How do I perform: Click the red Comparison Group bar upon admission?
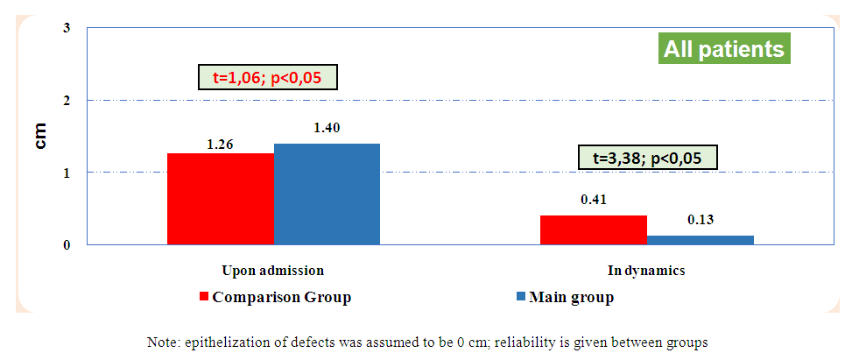click(x=220, y=199)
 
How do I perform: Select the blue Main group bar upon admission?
click(x=327, y=194)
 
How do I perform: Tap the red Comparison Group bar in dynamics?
click(x=593, y=229)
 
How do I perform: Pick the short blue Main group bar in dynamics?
click(x=701, y=239)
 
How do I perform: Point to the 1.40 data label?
click(x=327, y=128)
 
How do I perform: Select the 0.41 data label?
click(x=594, y=200)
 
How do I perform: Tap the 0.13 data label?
click(x=701, y=219)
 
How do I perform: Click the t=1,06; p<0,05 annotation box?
click(x=267, y=78)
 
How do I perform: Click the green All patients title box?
click(x=723, y=49)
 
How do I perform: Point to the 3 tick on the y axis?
click(x=67, y=29)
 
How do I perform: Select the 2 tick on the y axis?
click(x=67, y=101)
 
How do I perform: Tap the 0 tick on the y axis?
click(x=67, y=245)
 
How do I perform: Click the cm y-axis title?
click(x=40, y=137)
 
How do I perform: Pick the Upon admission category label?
click(x=273, y=271)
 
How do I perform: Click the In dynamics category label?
click(x=646, y=271)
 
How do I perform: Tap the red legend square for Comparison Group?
click(x=204, y=297)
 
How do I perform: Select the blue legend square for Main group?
click(x=519, y=297)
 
